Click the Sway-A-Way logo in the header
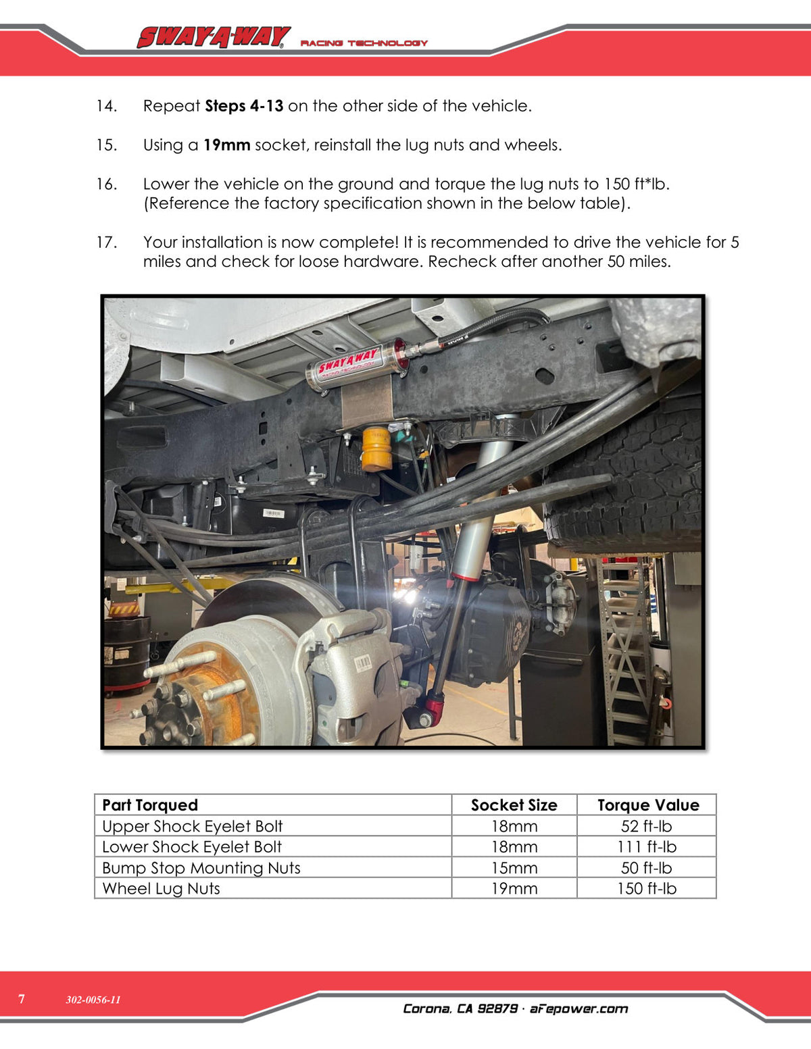point(214,37)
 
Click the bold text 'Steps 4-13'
point(244,106)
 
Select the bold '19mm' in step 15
point(226,145)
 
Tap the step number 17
point(107,242)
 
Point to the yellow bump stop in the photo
point(376,449)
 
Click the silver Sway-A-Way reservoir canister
point(357,365)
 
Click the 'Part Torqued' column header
point(150,804)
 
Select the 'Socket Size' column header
point(514,804)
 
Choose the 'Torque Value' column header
point(648,804)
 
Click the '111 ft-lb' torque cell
point(647,846)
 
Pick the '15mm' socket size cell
point(514,867)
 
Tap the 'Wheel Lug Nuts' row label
point(161,888)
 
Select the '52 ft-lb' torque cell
point(646,826)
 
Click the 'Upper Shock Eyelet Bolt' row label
point(192,826)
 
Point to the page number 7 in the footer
point(21,999)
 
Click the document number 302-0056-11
point(93,1000)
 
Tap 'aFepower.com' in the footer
point(579,1009)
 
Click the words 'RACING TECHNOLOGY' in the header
point(364,43)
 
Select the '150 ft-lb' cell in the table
point(647,888)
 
